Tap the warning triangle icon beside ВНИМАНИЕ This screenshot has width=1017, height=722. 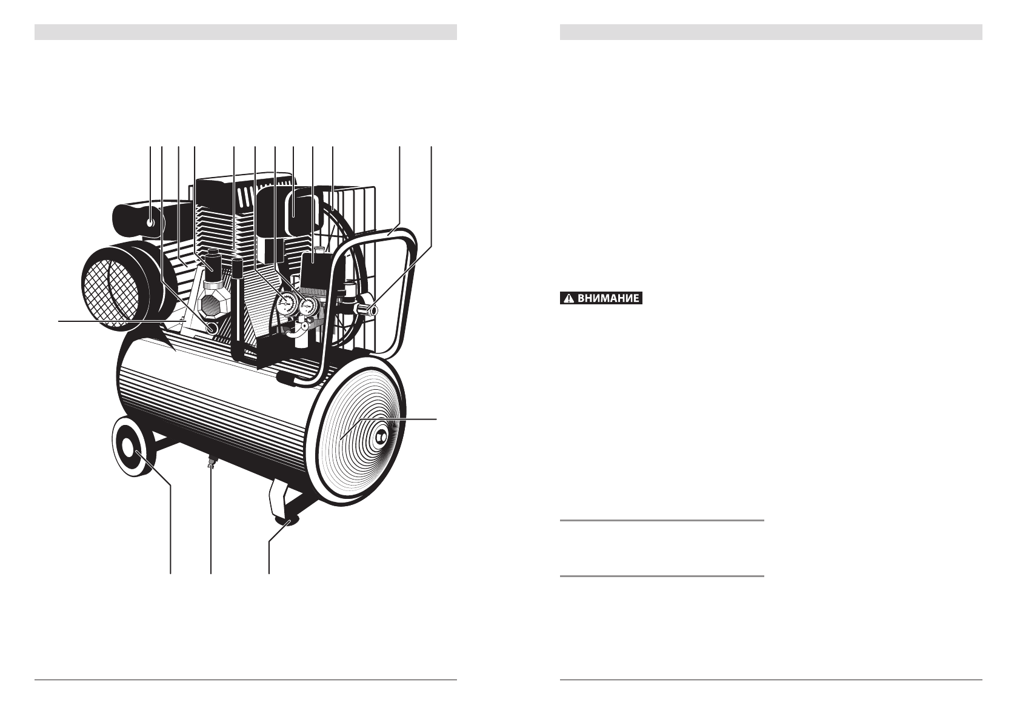(x=569, y=298)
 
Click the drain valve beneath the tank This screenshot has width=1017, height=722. (x=211, y=463)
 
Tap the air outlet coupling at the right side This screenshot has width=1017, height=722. (x=368, y=311)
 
